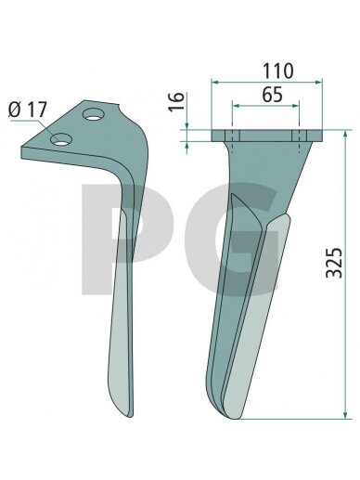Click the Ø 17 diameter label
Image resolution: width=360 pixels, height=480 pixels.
(x=28, y=110)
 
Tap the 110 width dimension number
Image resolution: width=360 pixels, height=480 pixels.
(x=277, y=71)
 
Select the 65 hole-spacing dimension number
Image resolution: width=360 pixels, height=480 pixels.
(x=272, y=95)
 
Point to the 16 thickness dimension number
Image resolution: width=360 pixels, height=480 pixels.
(x=176, y=101)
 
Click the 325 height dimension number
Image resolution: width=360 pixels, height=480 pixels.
(x=334, y=263)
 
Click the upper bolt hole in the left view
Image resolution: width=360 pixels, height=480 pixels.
(x=93, y=114)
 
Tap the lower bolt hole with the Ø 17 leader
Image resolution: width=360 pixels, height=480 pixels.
(x=61, y=140)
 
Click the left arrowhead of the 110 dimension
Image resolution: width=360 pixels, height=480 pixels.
(x=215, y=82)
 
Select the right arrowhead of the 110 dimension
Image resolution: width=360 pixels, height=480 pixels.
(x=318, y=82)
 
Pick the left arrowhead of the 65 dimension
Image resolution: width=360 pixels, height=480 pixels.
(x=236, y=106)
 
